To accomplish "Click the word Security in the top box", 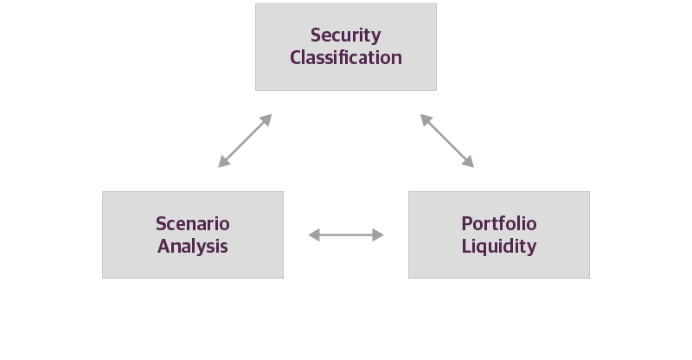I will coord(346,35).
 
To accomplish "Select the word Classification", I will coord(346,58).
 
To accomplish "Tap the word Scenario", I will coord(193,224).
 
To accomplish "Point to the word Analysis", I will coord(193,246).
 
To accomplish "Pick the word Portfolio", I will coord(499,224).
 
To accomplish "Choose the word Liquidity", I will coord(499,246).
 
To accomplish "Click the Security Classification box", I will coord(346,78).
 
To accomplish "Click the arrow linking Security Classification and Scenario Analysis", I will coord(246,140).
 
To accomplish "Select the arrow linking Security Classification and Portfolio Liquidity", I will coord(447,140).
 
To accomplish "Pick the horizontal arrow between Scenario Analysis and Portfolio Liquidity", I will coord(346,235).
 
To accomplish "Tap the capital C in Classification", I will coord(296,58).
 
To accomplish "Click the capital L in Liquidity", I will coord(466,246).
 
